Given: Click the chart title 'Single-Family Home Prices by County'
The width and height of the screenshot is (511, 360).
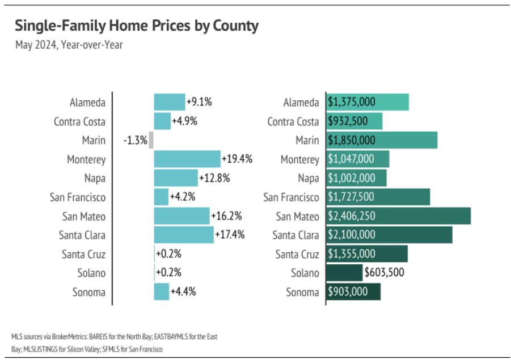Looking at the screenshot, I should pos(136,26).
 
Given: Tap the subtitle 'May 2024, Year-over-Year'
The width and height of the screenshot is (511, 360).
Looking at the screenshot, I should pos(69,45).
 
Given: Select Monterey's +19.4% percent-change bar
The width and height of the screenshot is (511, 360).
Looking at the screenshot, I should pos(187,159).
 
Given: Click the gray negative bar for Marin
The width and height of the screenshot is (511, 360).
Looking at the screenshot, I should pos(151,140).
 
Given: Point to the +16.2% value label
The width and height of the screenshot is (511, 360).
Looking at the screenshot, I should pos(226,216).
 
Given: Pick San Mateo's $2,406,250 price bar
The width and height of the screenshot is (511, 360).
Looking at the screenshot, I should pos(399,216).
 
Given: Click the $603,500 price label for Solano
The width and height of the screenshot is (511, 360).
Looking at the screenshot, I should pos(385,273).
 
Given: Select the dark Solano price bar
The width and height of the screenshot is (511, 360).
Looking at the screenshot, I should pos(344,273).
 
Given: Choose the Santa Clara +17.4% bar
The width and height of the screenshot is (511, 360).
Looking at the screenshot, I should pos(184,235).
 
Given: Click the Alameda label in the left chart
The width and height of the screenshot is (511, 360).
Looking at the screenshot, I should pos(87,103).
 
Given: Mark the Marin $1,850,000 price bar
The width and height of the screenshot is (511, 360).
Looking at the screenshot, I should pos(382,140).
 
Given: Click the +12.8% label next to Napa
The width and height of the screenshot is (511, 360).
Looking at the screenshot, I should pos(214,178).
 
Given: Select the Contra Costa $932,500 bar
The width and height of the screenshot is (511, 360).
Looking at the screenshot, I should pos(354,121).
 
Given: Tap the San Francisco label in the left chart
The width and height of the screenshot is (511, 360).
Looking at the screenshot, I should pos(77,197).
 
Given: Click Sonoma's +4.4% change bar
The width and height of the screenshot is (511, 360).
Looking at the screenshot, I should pos(162,292).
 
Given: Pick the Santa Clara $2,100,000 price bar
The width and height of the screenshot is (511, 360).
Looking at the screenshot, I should pos(389,235).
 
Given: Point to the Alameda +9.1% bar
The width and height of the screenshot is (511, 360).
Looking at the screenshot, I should pos(170,103).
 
